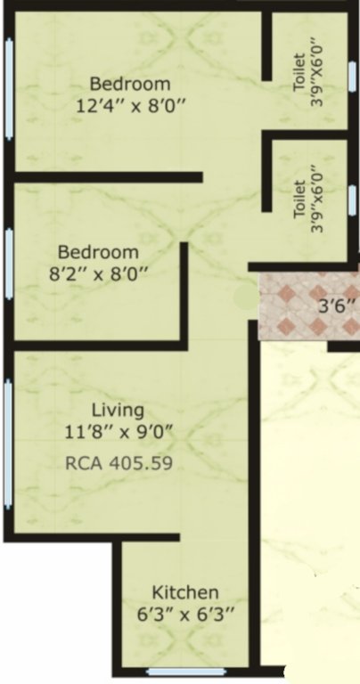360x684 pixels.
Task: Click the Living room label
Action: point(119,411)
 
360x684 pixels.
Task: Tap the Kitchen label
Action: point(184,593)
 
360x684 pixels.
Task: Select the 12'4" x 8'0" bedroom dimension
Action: point(130,105)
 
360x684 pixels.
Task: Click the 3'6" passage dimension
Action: point(337,309)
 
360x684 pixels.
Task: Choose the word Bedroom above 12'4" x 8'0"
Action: point(130,85)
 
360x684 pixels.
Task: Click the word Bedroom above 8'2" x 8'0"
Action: point(98,252)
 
